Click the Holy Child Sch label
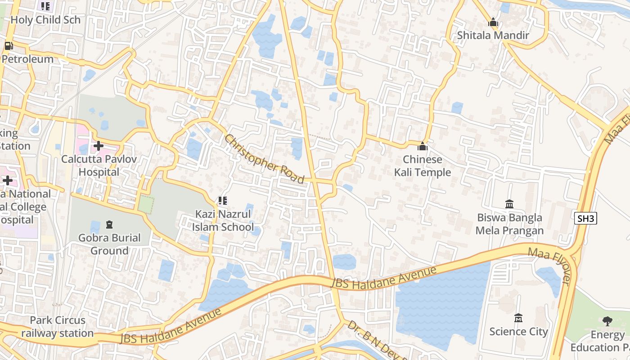pyautogui.click(x=45, y=20)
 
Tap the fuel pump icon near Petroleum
pyautogui.click(x=8, y=45)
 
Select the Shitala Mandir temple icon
pyautogui.click(x=493, y=22)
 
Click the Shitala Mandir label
pyautogui.click(x=493, y=35)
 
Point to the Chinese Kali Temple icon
pyautogui.click(x=422, y=146)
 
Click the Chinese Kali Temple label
pyautogui.click(x=422, y=166)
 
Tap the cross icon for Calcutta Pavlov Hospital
pyautogui.click(x=99, y=146)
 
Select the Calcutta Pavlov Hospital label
pyautogui.click(x=99, y=165)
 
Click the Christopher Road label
pyautogui.click(x=265, y=158)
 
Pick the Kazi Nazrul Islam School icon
pyautogui.click(x=222, y=201)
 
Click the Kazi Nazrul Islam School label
pyautogui.click(x=223, y=220)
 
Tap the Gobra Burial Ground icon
pyautogui.click(x=109, y=224)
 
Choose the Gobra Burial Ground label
pyautogui.click(x=109, y=244)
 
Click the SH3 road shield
pyautogui.click(x=586, y=219)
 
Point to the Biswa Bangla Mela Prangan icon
pyautogui.click(x=509, y=204)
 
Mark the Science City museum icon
pyautogui.click(x=518, y=318)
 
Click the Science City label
pyautogui.click(x=518, y=332)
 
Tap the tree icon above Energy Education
pyautogui.click(x=607, y=321)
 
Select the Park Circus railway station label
pyautogui.click(x=58, y=327)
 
